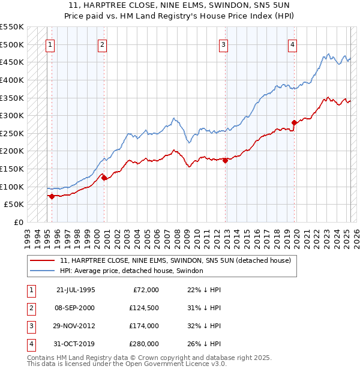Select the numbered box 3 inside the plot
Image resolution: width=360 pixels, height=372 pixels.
click(223, 44)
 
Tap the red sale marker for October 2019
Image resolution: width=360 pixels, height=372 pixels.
click(294, 123)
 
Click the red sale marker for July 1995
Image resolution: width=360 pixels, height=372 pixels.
click(52, 196)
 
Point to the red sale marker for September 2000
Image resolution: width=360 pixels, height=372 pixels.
click(104, 178)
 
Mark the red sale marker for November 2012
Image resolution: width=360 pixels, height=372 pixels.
click(225, 160)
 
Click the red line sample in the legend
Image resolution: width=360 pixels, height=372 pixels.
click(43, 260)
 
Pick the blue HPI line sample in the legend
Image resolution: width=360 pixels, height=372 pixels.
click(43, 271)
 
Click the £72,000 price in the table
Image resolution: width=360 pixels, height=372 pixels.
click(146, 290)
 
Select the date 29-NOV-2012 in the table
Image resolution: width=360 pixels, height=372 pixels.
click(76, 326)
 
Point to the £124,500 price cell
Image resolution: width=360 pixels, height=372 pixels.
click(143, 308)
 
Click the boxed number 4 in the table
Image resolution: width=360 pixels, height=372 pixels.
click(29, 344)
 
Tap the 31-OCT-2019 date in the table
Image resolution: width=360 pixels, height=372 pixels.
click(76, 344)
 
